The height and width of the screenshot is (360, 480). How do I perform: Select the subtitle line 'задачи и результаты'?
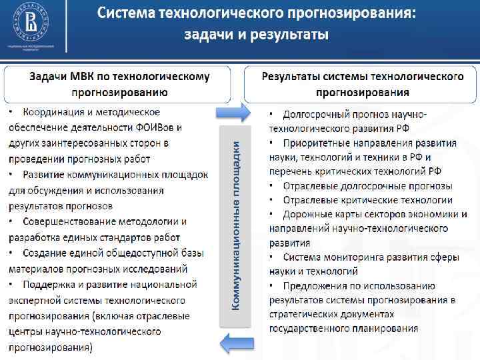coord(256,35)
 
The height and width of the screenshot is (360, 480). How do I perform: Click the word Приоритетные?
coord(317,143)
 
